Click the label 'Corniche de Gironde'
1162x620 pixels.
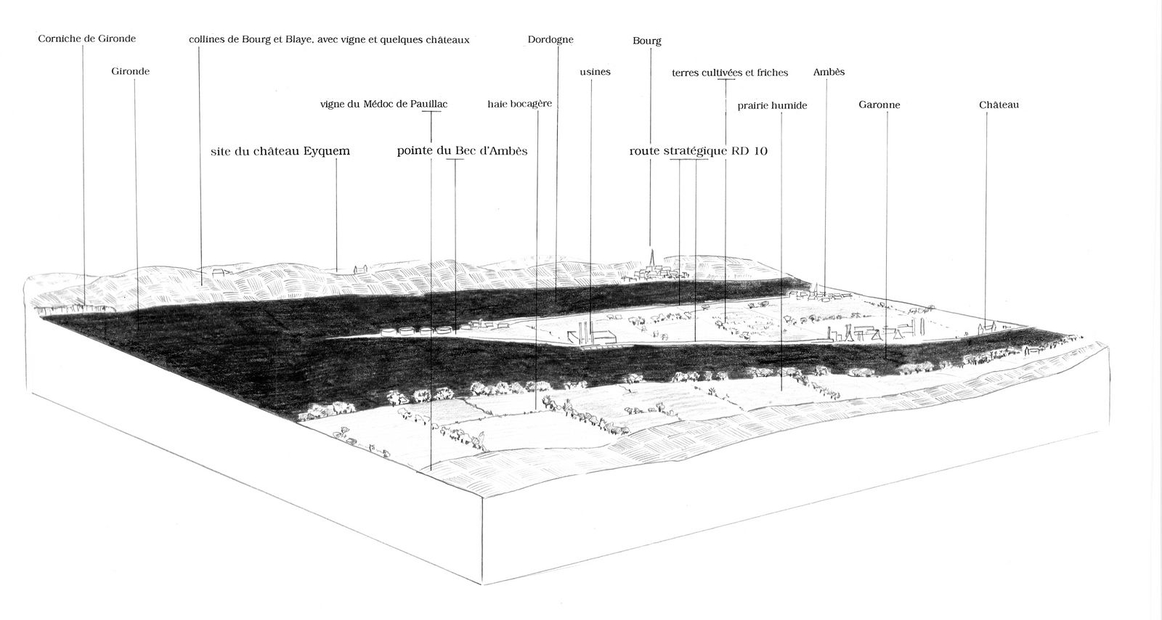tap(86, 38)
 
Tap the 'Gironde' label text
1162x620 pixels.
tap(131, 71)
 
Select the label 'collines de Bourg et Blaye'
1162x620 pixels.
tap(328, 40)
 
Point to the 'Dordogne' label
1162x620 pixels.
tap(550, 40)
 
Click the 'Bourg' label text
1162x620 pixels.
tap(647, 41)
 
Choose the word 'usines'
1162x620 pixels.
tap(596, 72)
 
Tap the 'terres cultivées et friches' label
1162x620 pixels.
tap(729, 73)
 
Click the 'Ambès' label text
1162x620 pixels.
tap(829, 72)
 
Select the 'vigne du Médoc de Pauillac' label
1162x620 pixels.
tap(383, 104)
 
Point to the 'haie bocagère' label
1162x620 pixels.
tap(519, 104)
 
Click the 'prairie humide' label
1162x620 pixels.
tap(772, 105)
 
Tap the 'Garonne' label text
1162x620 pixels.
tap(879, 105)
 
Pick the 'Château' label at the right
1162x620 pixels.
tap(999, 105)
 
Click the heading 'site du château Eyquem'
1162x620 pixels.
tap(280, 151)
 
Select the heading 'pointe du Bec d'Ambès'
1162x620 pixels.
tap(462, 151)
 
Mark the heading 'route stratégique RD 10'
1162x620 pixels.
tap(698, 151)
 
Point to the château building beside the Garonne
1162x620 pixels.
tap(986, 327)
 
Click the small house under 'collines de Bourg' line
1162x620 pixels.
tap(219, 272)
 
